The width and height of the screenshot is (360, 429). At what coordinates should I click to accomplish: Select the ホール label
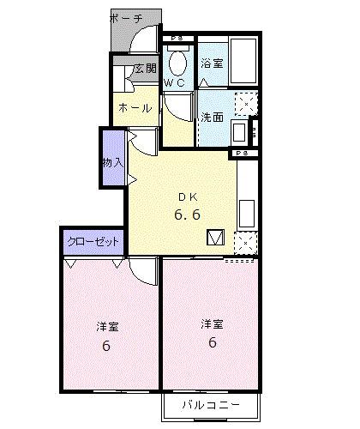point(135,108)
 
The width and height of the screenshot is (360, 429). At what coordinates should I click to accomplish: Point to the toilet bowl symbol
point(179,62)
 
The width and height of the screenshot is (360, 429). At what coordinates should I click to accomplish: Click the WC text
point(175,83)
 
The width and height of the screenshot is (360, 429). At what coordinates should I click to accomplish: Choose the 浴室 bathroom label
point(211,63)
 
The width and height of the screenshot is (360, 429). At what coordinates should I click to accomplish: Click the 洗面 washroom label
point(212,118)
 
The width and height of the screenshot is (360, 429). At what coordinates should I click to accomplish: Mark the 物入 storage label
point(113,160)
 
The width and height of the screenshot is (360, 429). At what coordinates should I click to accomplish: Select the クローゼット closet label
point(93,243)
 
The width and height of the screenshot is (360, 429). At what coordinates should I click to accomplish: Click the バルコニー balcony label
point(209,404)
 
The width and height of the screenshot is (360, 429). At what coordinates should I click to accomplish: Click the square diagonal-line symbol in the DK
point(215,238)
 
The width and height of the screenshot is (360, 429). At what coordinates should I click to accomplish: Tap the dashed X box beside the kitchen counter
point(246,244)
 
